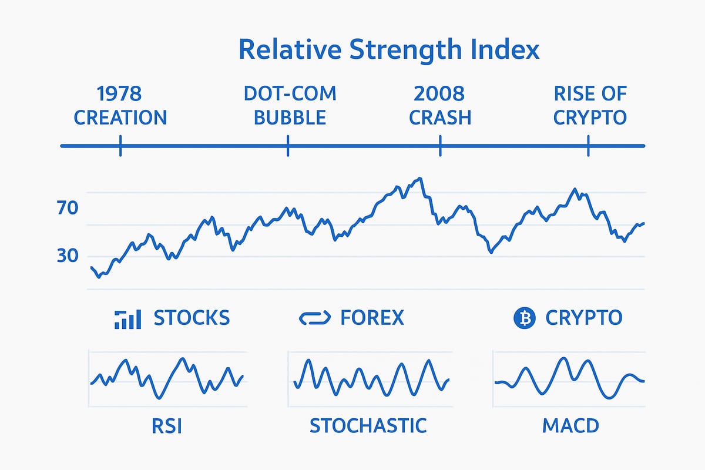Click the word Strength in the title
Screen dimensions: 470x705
point(399,50)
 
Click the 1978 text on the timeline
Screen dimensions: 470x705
point(120,93)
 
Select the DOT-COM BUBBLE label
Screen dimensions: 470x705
point(290,105)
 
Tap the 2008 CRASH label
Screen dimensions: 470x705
point(440,105)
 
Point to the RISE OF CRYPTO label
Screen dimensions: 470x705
point(589,105)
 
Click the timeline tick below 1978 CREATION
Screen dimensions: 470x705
point(120,145)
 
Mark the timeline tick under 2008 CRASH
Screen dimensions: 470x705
point(440,145)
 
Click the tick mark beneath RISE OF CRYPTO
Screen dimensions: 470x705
point(589,145)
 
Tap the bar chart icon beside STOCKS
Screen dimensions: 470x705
point(127,318)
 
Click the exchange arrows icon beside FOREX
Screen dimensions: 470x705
point(316,318)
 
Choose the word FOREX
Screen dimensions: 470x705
point(372,318)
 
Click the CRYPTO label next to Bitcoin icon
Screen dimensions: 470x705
point(583,318)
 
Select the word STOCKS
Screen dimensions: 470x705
point(192,318)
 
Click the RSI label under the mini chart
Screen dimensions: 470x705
point(166,425)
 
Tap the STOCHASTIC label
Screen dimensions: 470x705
point(368,425)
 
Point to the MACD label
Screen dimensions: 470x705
point(569,425)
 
